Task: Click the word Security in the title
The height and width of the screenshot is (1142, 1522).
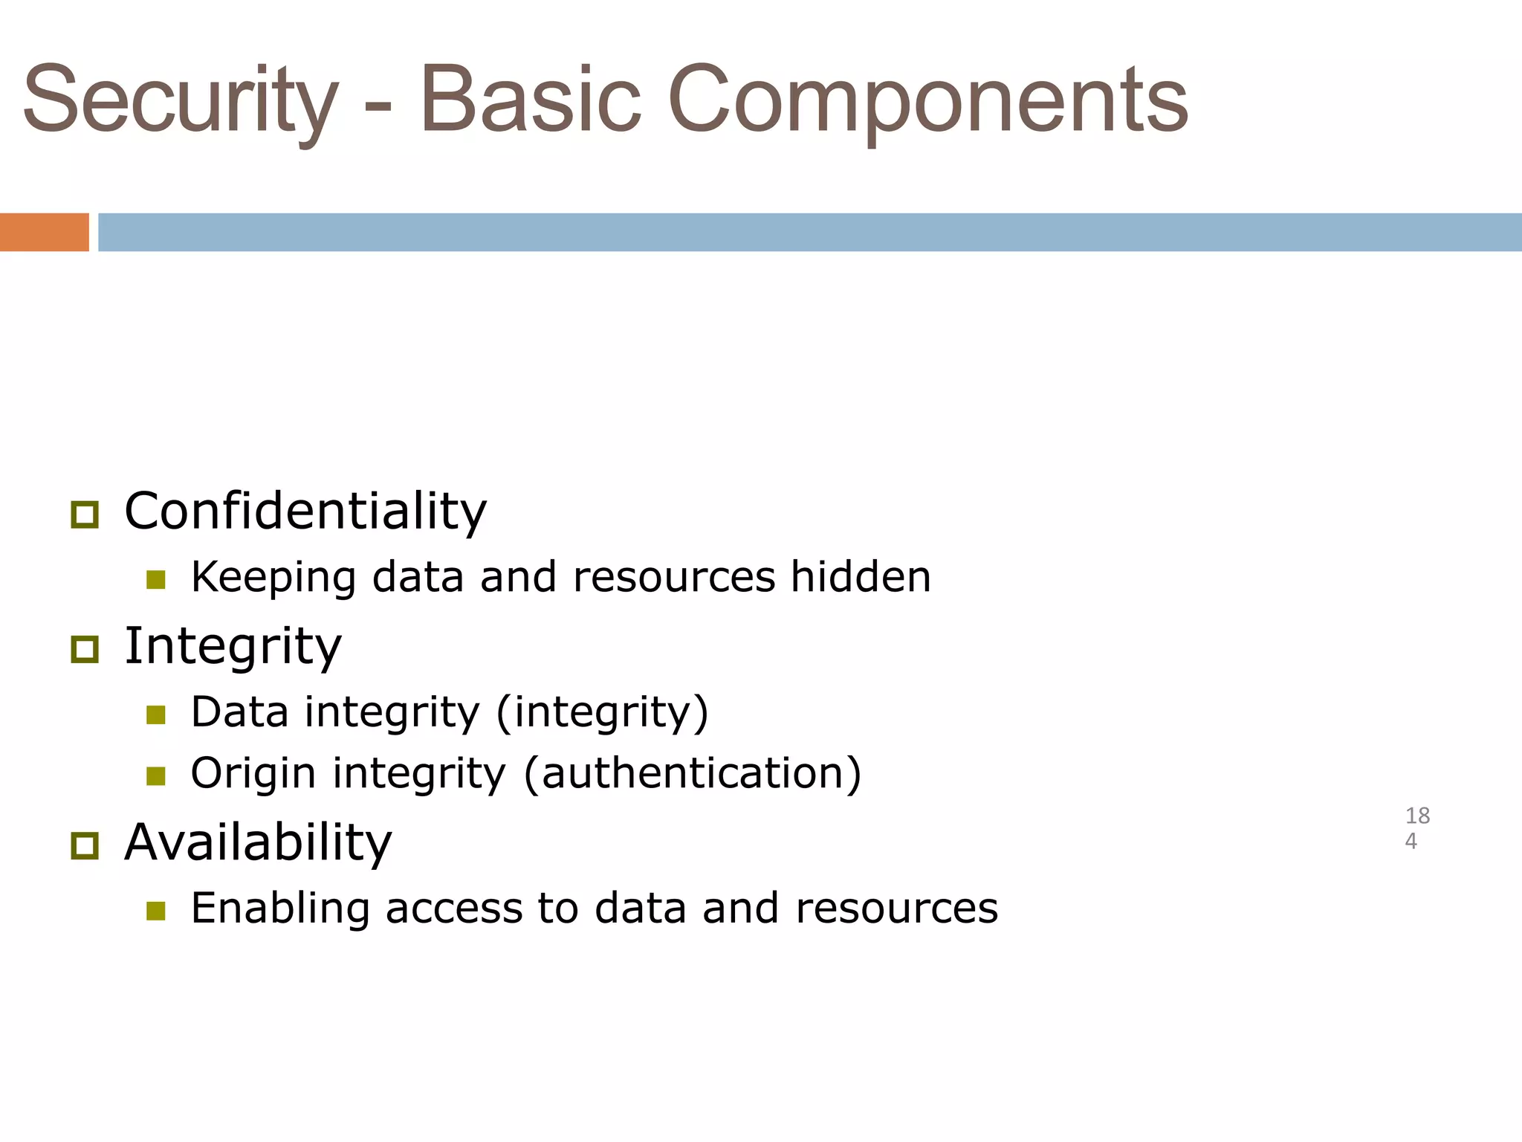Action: (x=181, y=100)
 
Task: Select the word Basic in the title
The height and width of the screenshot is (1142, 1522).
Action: (x=530, y=100)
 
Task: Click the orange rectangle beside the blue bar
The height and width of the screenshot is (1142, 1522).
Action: (x=44, y=232)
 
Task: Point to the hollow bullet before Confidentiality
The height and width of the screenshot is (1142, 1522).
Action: (x=85, y=514)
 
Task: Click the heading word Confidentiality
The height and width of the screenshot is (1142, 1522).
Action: (x=305, y=512)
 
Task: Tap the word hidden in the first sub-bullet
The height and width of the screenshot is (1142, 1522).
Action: (x=860, y=577)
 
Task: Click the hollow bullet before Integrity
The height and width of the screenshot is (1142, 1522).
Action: (x=85, y=649)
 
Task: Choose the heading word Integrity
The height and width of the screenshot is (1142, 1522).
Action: (x=233, y=647)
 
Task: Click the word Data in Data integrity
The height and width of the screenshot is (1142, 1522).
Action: (x=239, y=712)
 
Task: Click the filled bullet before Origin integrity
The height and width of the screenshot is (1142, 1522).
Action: (x=155, y=776)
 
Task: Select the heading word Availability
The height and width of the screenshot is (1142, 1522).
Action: (x=258, y=843)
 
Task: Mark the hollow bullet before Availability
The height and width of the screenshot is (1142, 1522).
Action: (x=85, y=846)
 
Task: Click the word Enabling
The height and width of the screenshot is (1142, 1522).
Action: (x=280, y=909)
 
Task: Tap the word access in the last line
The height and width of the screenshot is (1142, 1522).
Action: (x=454, y=909)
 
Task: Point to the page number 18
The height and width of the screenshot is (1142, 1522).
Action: (x=1417, y=816)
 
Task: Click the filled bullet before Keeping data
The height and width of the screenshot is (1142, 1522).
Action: (x=155, y=579)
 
